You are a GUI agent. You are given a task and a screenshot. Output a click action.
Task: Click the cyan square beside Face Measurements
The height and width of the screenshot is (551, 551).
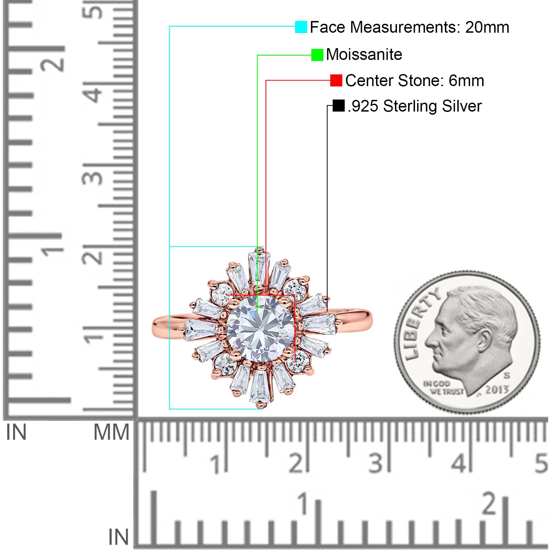tap(301, 27)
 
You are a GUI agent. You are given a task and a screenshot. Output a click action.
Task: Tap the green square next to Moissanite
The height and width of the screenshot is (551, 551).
tap(317, 55)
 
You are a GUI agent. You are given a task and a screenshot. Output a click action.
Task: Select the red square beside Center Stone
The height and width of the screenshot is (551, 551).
tap(336, 80)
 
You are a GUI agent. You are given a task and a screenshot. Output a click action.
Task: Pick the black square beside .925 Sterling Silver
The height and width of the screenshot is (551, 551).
tap(339, 106)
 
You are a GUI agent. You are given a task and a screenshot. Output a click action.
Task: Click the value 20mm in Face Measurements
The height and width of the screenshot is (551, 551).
tap(487, 27)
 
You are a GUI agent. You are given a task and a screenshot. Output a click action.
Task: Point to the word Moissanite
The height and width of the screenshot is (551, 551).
tap(364, 54)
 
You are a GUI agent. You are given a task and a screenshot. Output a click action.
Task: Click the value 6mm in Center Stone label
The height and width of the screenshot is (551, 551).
tap(466, 81)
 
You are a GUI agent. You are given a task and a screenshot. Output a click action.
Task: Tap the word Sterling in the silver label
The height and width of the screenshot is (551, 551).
tap(410, 106)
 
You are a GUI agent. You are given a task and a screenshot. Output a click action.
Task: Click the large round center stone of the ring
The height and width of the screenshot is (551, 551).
tap(260, 329)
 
